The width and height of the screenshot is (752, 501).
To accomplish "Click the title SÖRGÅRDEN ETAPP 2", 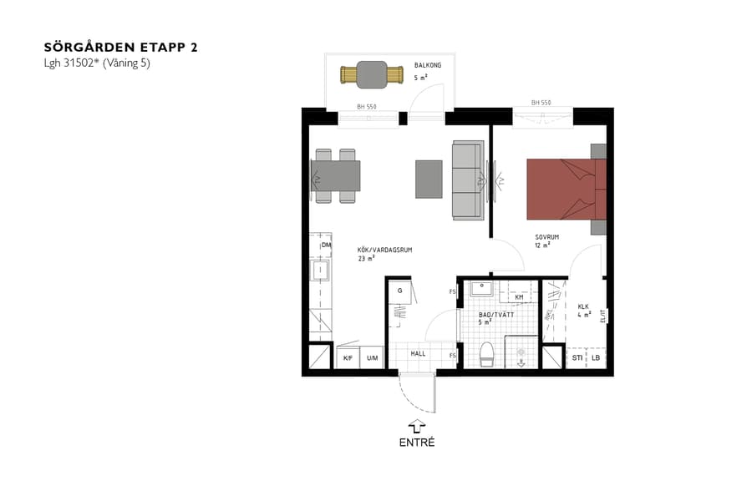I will pos(120,48).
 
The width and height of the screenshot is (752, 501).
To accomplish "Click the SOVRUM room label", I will pos(546,237).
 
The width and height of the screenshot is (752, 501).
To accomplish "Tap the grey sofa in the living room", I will pos(468,180).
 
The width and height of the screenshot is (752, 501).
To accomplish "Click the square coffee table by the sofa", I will pos(429,179).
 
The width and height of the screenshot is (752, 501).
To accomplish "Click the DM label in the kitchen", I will pos(325,245).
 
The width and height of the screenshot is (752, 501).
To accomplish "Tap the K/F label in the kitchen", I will pos(348,358).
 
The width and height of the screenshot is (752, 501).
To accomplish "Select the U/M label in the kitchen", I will pos(372,358).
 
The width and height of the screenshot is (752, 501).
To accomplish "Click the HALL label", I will pos(418,353).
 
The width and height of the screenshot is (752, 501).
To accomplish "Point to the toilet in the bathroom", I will pos(488,354).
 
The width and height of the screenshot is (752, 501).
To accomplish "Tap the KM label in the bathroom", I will pos(519,296).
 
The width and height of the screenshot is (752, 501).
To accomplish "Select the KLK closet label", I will pos(584,306).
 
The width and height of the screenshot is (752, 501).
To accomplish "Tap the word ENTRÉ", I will pos(417,443).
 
